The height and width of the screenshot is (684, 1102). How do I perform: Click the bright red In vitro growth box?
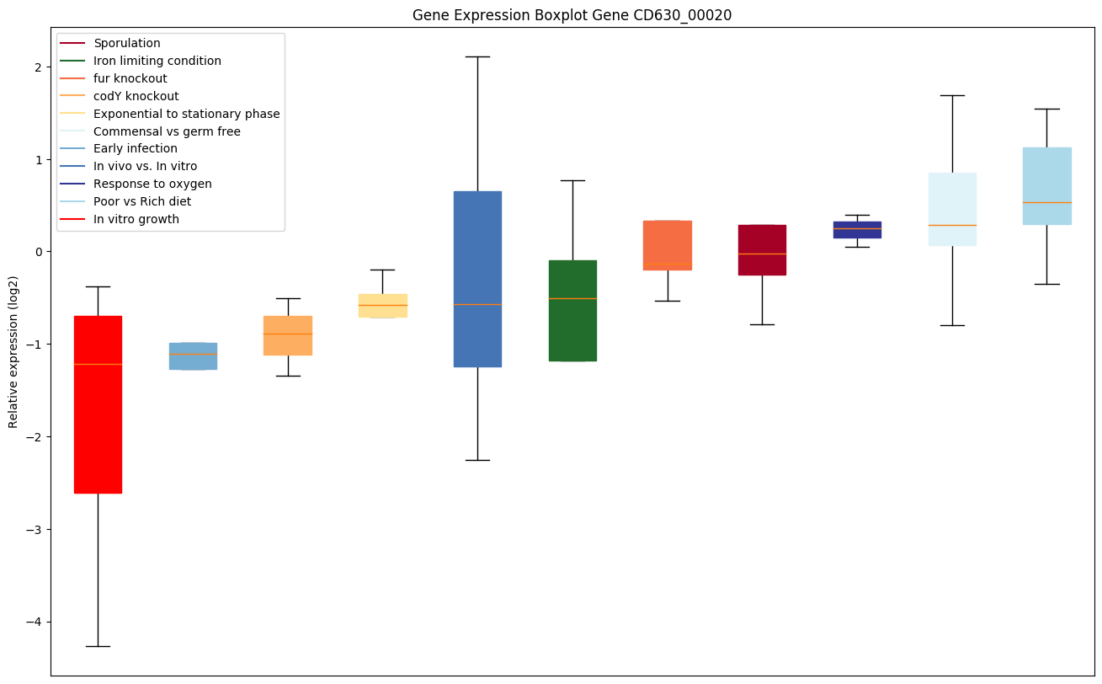(98, 404)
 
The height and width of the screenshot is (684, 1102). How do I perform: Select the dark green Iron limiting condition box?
(572, 311)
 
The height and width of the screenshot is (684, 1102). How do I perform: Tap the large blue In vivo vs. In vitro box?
(477, 279)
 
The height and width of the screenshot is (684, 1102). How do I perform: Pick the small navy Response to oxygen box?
(857, 230)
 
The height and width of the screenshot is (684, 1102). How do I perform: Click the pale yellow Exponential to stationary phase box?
(382, 306)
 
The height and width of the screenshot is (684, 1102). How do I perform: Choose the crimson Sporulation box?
(762, 250)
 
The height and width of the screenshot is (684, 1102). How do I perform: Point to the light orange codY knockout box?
(288, 335)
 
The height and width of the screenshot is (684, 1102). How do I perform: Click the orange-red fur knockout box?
(668, 245)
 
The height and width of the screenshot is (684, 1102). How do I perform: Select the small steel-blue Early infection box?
(193, 356)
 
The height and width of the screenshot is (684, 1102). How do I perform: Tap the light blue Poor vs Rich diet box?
(1046, 186)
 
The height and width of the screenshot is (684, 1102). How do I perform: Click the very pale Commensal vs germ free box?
(952, 209)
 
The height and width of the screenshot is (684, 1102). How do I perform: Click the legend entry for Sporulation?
(127, 43)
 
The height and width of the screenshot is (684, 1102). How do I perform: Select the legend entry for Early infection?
(136, 149)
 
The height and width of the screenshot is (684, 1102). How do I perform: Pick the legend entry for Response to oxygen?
(152, 184)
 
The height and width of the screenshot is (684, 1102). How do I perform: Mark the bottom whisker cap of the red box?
(98, 646)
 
